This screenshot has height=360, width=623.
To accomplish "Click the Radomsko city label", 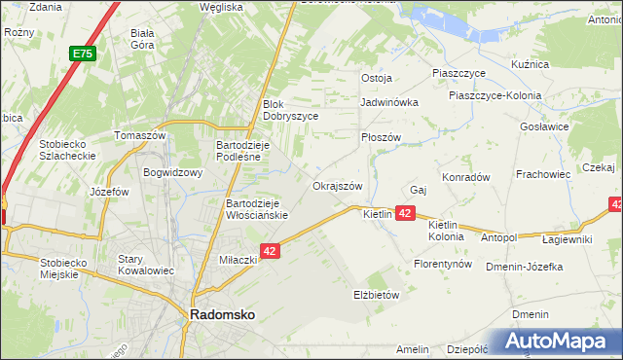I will [221, 315].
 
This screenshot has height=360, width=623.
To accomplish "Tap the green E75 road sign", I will [81, 55].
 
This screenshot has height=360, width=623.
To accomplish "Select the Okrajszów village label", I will [337, 186].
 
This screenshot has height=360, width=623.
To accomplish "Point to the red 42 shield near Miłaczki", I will [271, 251].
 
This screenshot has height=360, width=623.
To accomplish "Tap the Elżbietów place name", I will [375, 294].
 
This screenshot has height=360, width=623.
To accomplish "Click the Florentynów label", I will [443, 264].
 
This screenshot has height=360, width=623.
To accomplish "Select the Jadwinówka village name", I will [388, 101].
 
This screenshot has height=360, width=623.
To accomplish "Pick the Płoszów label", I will [381, 137].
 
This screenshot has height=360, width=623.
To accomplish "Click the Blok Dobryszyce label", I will [290, 109].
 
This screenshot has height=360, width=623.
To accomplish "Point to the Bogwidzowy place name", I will [172, 173].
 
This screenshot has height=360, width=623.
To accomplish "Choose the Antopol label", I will [498, 237].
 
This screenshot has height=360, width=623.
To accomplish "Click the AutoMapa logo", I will [560, 342].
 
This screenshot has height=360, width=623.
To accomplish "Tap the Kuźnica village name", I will [531, 64].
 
